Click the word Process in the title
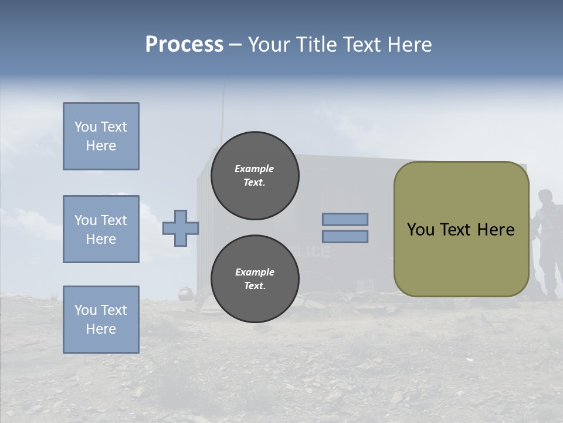(184, 45)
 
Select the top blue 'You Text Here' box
(101, 136)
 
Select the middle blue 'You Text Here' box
(101, 229)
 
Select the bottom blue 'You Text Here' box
(101, 319)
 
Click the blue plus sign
(181, 228)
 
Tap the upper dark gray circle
(255, 176)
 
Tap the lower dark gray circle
(255, 278)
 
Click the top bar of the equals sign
(345, 219)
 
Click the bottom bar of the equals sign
(345, 236)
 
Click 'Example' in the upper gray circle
(255, 169)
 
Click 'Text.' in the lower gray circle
(255, 286)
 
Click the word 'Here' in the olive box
(496, 230)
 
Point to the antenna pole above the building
(223, 117)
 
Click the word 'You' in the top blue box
(86, 127)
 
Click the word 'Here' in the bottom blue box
(101, 329)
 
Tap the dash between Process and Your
(236, 45)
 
